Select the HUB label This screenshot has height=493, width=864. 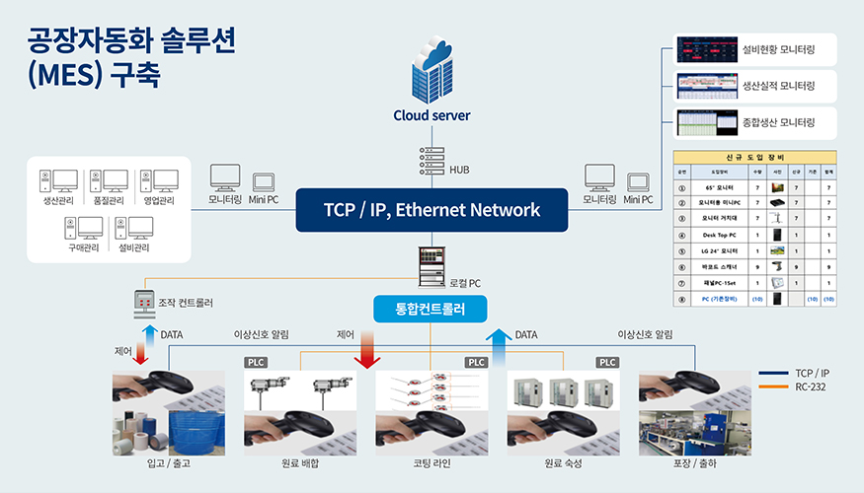pos(459,170)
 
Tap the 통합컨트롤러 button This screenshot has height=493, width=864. pos(432,309)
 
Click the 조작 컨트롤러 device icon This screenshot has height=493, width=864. pos(143,305)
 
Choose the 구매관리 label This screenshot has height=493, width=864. pos(85,248)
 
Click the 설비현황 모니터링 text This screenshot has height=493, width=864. pos(778,48)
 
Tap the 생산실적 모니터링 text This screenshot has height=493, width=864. pos(778,86)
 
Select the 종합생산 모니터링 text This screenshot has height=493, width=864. pos(778,123)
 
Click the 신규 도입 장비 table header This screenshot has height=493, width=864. pos(754,158)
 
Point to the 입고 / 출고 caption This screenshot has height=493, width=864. pos(168,462)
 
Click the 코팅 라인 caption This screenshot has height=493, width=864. pos(432,462)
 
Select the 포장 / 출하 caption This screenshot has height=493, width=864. pos(694,462)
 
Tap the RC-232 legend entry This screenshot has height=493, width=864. pos(811,387)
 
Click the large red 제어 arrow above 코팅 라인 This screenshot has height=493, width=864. pos(367,350)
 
